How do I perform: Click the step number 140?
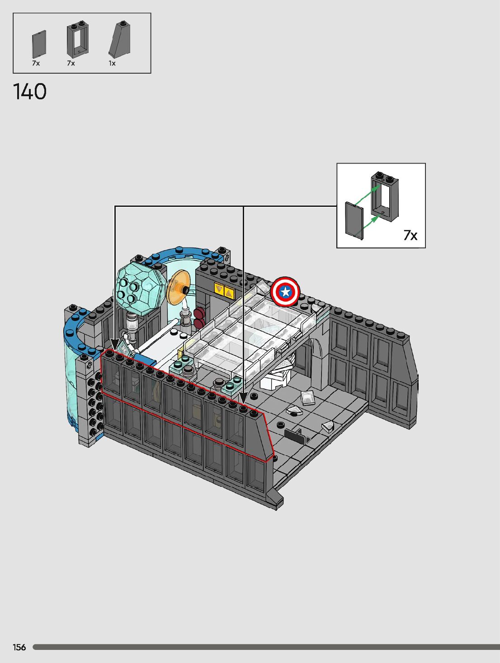click(x=30, y=92)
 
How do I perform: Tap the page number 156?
click(x=19, y=647)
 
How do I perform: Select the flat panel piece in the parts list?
click(x=39, y=44)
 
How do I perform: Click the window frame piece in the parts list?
click(x=78, y=39)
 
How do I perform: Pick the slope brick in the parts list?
click(x=119, y=39)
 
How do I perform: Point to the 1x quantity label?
click(x=112, y=63)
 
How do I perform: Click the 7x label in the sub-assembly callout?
click(x=410, y=235)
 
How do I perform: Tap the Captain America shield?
click(x=285, y=292)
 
